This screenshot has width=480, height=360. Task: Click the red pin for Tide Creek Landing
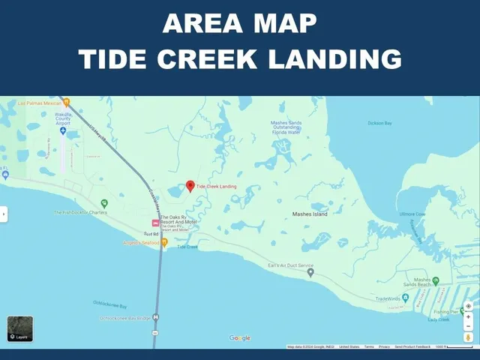pyautogui.click(x=190, y=186)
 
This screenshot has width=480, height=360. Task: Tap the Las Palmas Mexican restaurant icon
pyautogui.click(x=66, y=102)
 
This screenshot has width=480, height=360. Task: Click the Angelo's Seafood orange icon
pyautogui.click(x=165, y=242)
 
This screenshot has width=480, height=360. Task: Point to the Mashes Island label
pyautogui.click(x=310, y=214)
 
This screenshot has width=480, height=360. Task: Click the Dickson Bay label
pyautogui.click(x=380, y=123)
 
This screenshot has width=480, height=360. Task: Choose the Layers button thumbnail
pyautogui.click(x=20, y=328)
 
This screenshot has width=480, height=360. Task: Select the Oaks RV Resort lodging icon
pyautogui.click(x=155, y=223)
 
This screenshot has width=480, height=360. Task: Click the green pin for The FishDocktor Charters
pyautogui.click(x=104, y=203)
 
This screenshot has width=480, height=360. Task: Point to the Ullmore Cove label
pyautogui.click(x=412, y=214)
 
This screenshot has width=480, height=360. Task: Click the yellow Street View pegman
pyautogui.click(x=469, y=337)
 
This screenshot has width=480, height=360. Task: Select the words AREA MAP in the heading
pyautogui.click(x=240, y=24)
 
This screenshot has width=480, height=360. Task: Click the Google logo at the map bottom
pyautogui.click(x=240, y=338)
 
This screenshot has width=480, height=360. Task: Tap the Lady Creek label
pyautogui.click(x=439, y=320)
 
